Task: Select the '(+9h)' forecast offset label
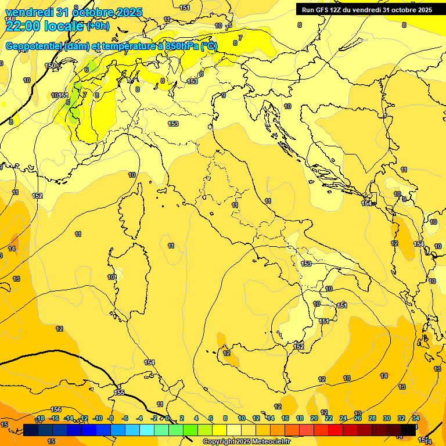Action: [98, 26]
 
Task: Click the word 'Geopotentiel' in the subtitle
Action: [34, 46]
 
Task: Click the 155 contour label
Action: [119, 393]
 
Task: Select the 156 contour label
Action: [56, 409]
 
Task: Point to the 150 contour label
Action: [50, 66]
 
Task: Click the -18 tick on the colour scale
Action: [40, 418]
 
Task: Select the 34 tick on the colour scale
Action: [416, 418]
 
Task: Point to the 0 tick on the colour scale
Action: [167, 418]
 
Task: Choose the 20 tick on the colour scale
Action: [314, 418]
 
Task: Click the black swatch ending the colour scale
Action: [408, 430]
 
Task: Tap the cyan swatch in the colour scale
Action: [147, 430]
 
